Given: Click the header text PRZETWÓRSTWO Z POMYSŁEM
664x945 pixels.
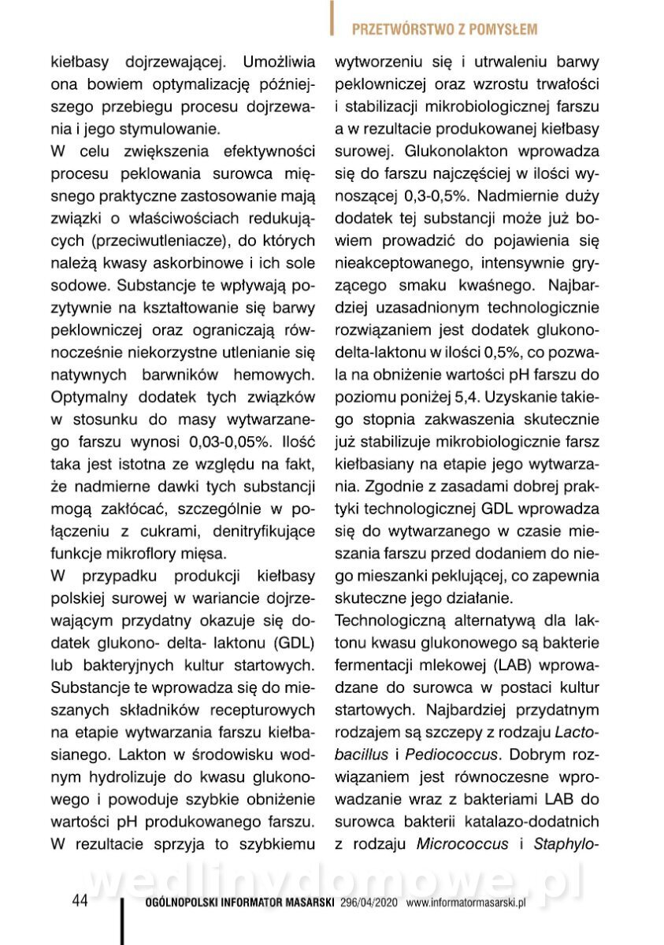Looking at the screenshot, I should [x=444, y=30].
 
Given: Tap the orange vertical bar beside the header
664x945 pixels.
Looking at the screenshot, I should [x=333, y=20].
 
